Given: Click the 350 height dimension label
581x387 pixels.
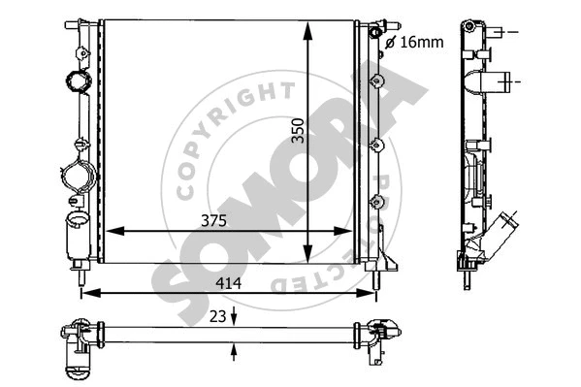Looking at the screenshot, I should (298, 132).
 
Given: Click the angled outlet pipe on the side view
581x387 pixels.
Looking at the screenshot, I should (503, 234).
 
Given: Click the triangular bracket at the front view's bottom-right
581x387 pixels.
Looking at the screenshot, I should (387, 261).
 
